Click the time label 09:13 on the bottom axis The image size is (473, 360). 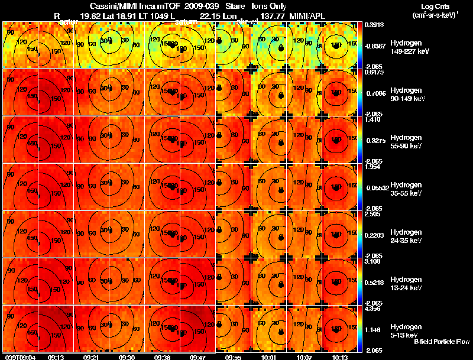tap(57, 357)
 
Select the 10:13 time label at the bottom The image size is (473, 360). tap(340, 357)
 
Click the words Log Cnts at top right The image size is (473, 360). tap(432, 6)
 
